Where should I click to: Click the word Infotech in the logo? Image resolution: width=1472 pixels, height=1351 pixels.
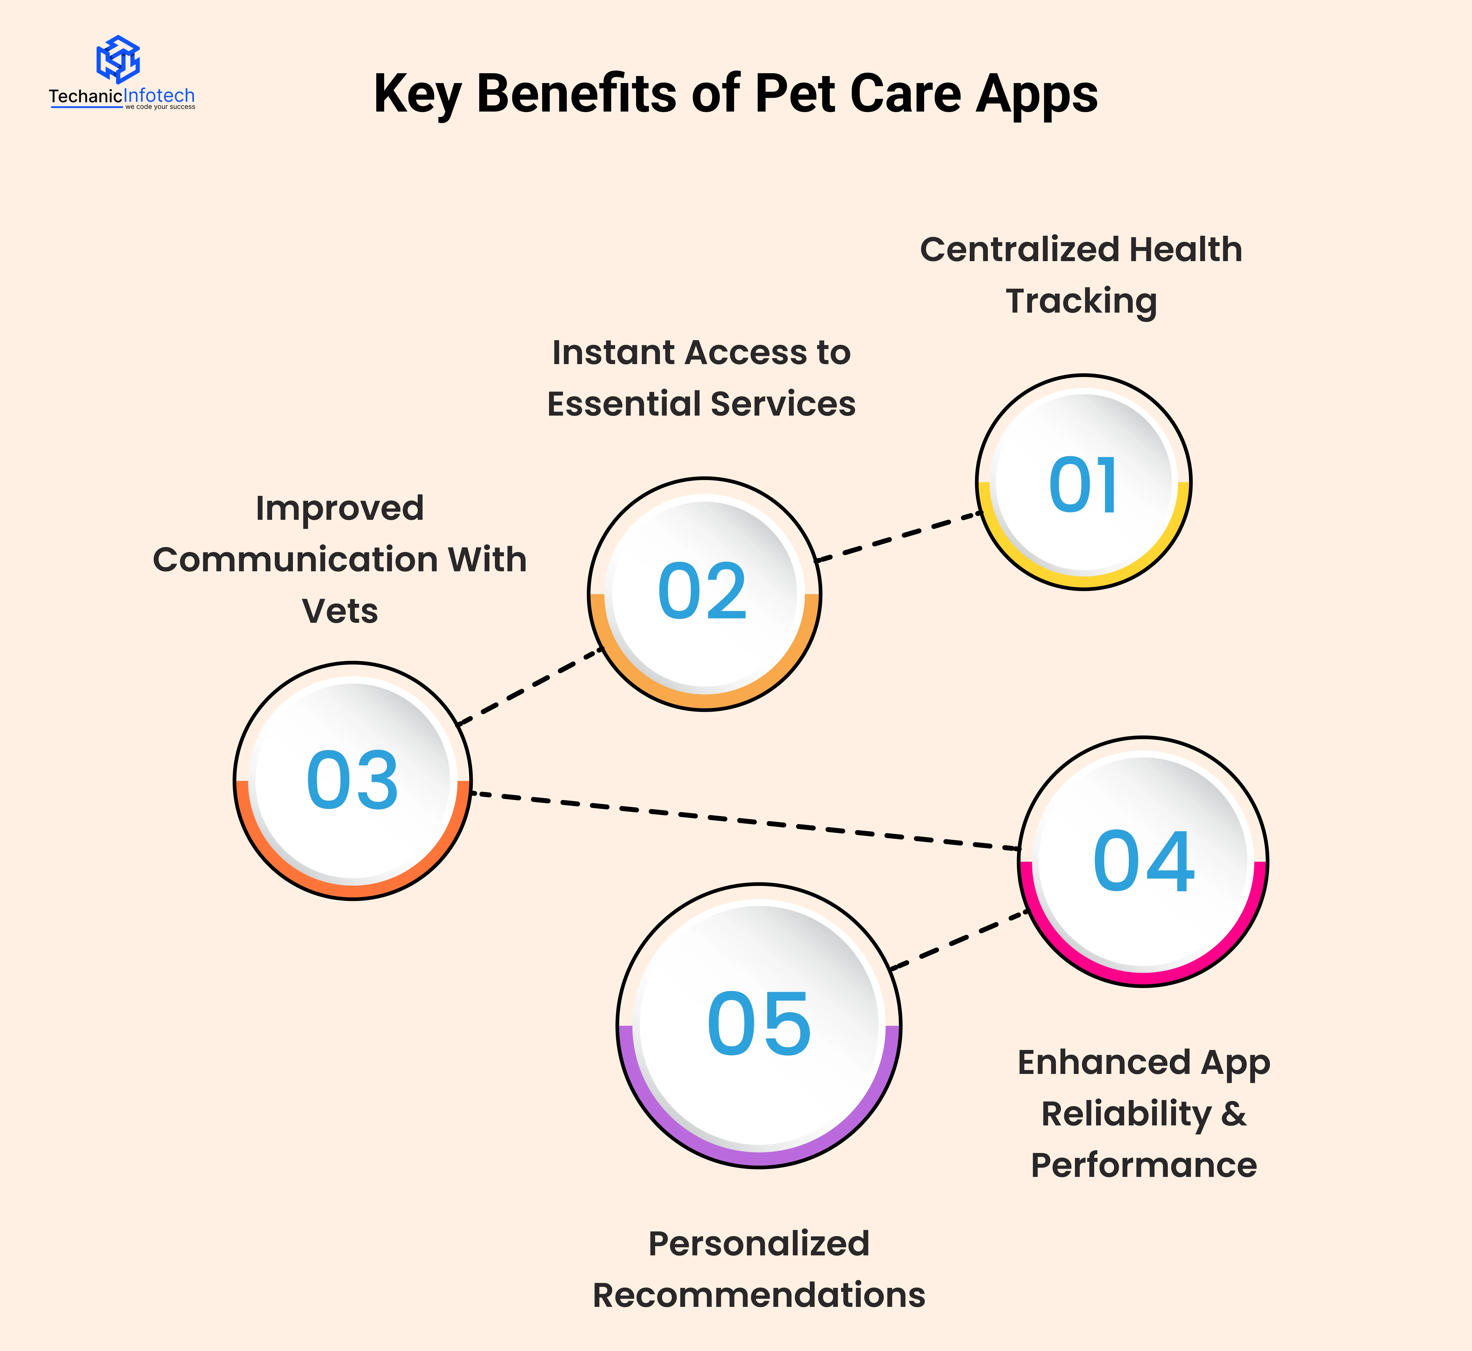pos(159,96)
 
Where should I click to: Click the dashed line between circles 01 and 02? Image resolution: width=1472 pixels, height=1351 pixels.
pos(900,537)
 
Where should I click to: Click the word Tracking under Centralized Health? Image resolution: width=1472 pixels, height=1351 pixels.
pos(1081,301)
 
